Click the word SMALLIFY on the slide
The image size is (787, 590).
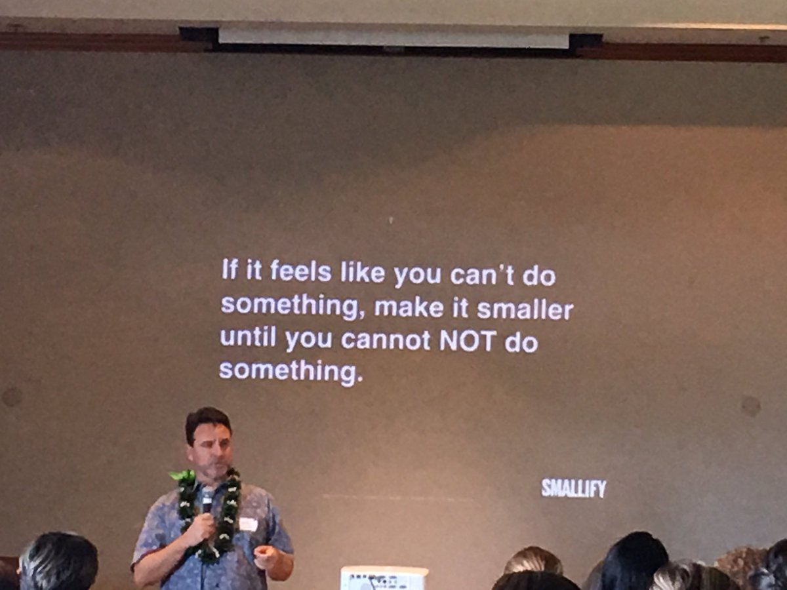pyautogui.click(x=573, y=488)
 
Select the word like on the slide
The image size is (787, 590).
pyautogui.click(x=362, y=273)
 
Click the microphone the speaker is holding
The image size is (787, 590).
pyautogui.click(x=207, y=502)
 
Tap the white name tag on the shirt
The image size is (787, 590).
pyautogui.click(x=249, y=524)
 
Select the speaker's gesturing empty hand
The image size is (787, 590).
pyautogui.click(x=266, y=557)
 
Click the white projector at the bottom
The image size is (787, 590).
pyautogui.click(x=384, y=578)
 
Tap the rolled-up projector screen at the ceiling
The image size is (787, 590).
pyautogui.click(x=393, y=37)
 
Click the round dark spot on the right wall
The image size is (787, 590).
pyautogui.click(x=750, y=406)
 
